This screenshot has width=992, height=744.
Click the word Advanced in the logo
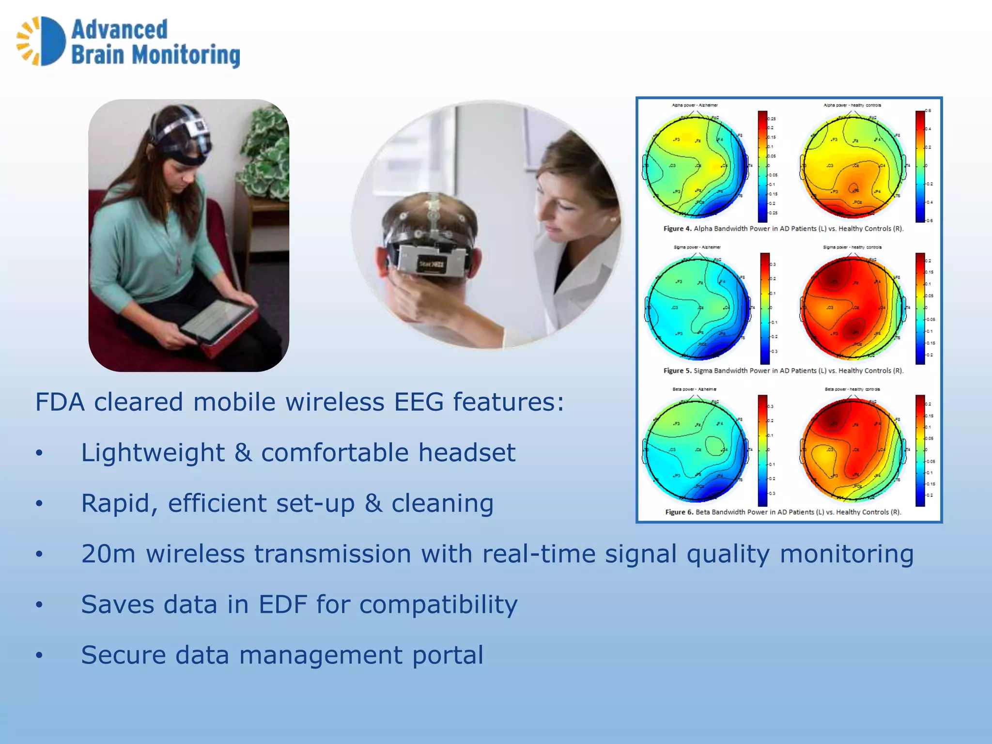[x=119, y=30]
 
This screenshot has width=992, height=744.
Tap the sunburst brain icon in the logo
[x=41, y=41]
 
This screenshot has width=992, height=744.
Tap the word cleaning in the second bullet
[x=442, y=503]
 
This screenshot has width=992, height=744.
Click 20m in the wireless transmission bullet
[x=108, y=554]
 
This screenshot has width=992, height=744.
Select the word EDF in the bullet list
[x=283, y=604]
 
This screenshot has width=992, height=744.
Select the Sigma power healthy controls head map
[x=852, y=308]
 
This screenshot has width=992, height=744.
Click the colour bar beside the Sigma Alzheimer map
[x=765, y=308]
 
